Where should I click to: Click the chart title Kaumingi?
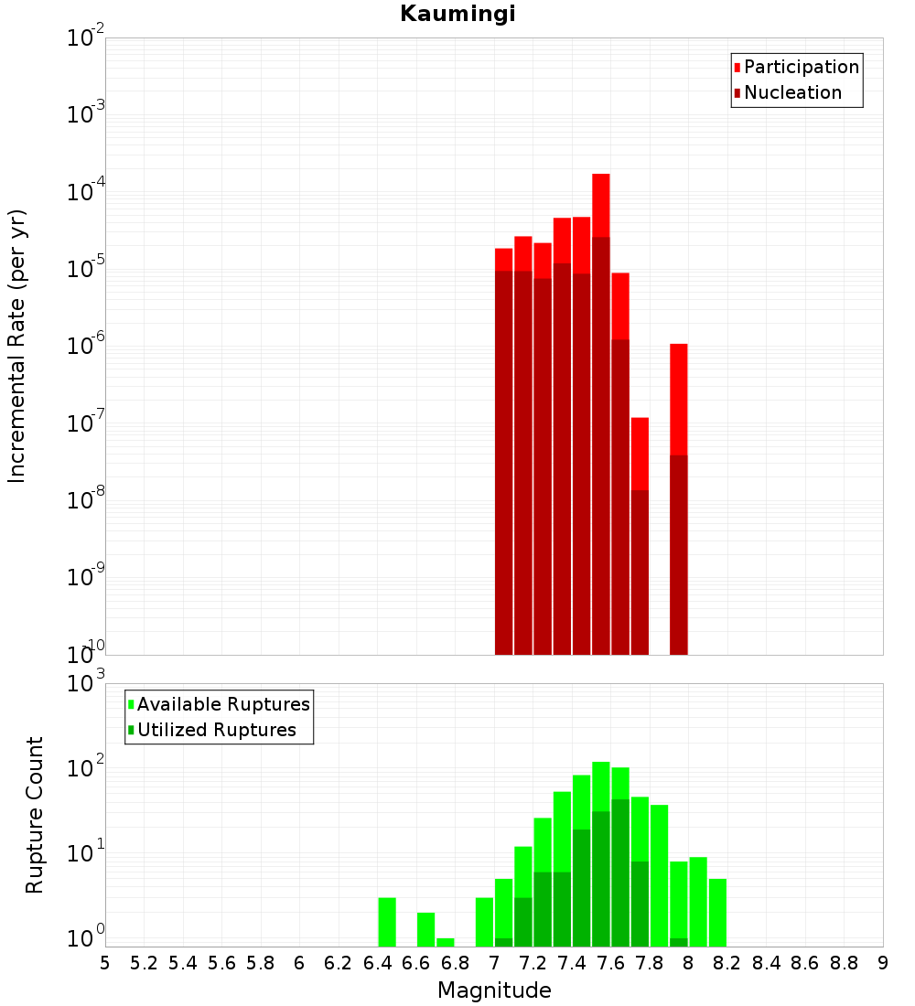[x=457, y=14]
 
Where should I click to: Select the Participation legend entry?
[x=801, y=67]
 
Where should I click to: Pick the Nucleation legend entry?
[x=792, y=92]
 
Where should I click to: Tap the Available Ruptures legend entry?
[x=223, y=704]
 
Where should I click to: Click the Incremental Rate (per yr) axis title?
[x=17, y=346]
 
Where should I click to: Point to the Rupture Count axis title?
[x=35, y=815]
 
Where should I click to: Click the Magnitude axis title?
[x=494, y=990]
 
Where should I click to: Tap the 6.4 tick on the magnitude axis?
[x=377, y=963]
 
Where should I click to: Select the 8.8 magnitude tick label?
[x=844, y=963]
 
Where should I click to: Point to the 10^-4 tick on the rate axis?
[x=86, y=192]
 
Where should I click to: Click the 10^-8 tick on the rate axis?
[x=86, y=500]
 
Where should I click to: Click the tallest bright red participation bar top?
[x=601, y=176]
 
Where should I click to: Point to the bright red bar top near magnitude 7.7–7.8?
[x=640, y=421]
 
